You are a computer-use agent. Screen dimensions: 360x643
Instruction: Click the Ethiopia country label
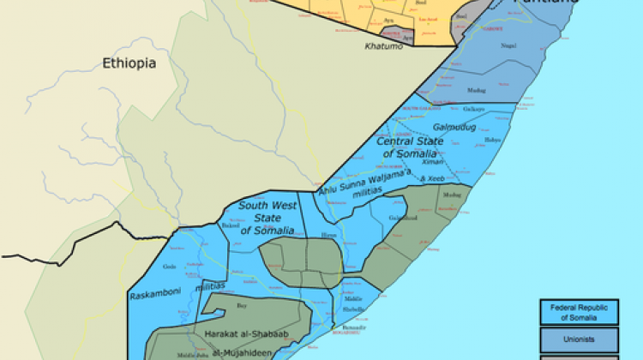click(129, 63)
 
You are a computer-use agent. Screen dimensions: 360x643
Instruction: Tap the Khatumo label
click(383, 45)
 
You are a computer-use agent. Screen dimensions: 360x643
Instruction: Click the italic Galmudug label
click(450, 127)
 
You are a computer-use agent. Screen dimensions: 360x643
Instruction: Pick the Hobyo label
click(492, 140)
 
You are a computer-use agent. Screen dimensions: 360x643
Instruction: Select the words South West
click(267, 205)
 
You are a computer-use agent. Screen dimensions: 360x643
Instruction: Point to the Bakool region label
click(231, 225)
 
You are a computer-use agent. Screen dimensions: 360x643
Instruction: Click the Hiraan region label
click(329, 234)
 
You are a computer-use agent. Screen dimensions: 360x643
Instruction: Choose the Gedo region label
click(170, 267)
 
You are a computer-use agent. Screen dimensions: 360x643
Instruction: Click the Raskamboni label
click(153, 296)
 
